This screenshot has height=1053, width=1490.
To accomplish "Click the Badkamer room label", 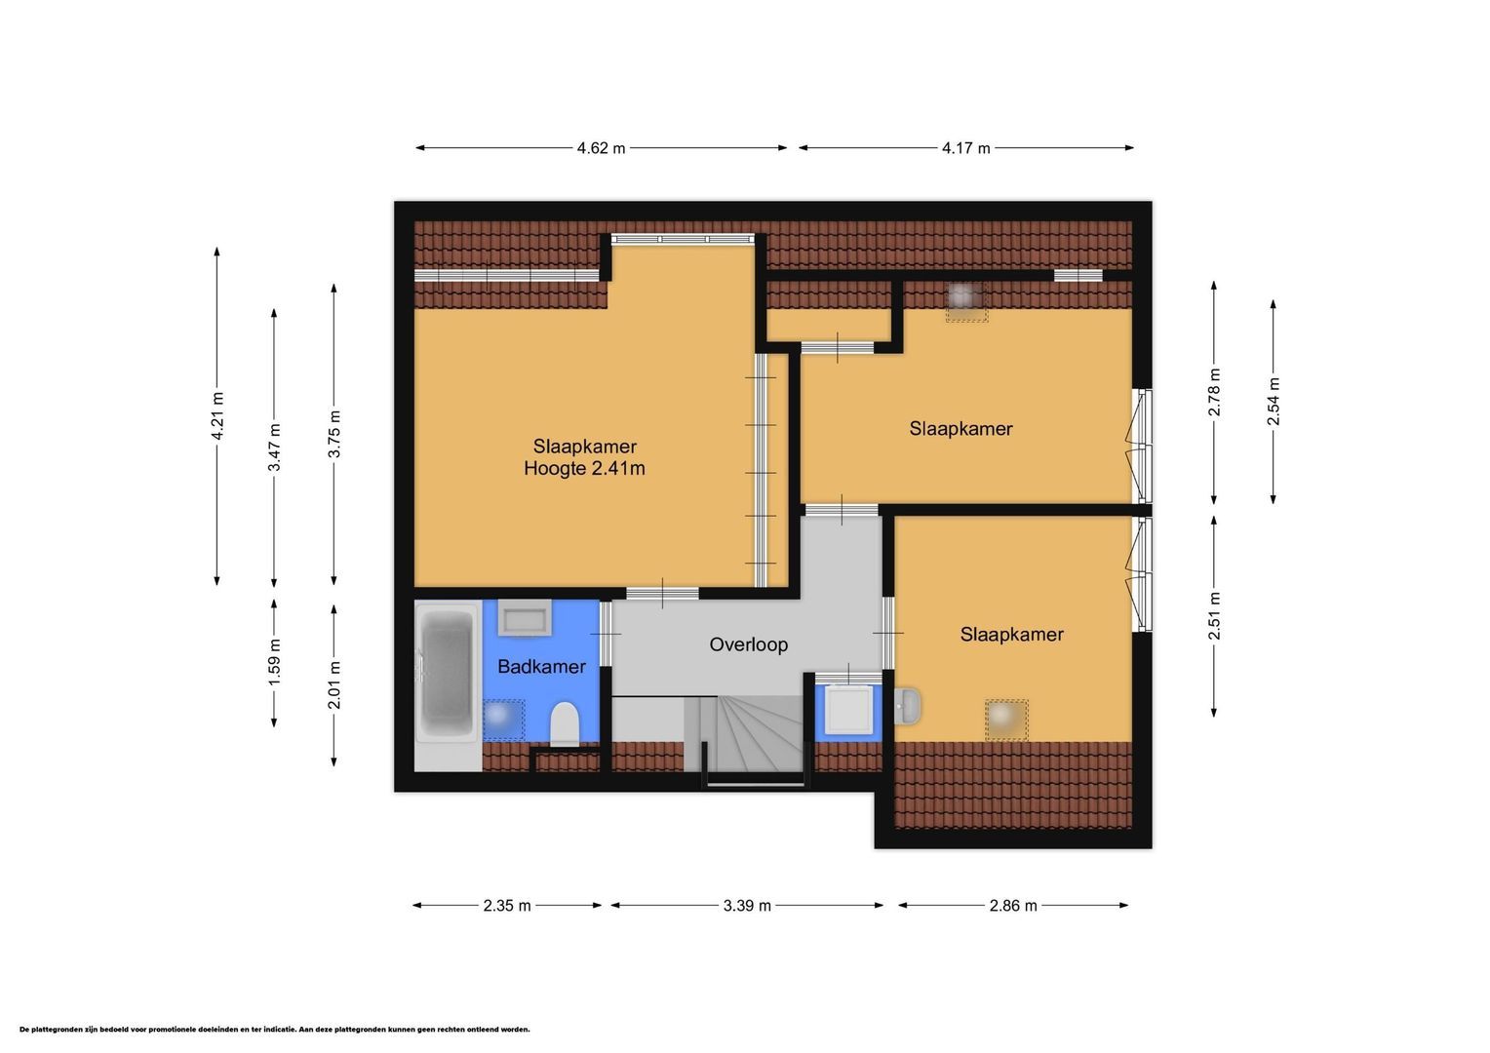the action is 541,667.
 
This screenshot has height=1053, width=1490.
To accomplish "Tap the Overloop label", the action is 748,644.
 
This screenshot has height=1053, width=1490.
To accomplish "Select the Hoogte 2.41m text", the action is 584,468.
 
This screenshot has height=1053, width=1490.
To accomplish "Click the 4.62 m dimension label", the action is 601,148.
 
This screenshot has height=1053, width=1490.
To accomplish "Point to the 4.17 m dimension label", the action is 965,148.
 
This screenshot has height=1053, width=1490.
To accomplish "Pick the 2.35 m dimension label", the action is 507,906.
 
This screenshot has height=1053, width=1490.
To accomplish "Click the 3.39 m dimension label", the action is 747,906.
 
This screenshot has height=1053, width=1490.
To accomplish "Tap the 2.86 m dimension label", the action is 1013,906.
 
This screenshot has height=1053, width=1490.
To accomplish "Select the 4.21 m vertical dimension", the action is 216,415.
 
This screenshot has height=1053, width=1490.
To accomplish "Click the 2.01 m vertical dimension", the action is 333,685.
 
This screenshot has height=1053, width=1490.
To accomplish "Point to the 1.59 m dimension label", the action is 274,662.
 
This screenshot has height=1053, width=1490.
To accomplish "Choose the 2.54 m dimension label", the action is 1274,401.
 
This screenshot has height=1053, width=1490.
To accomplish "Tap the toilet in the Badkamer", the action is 565,724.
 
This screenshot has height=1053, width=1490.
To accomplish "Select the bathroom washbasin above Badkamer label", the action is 525,618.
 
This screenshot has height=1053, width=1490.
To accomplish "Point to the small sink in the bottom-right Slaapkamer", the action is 907,706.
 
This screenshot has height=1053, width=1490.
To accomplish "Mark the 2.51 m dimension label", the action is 1214,615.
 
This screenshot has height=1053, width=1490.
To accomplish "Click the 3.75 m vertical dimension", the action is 333,434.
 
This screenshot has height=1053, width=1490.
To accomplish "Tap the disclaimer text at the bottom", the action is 275,1029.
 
